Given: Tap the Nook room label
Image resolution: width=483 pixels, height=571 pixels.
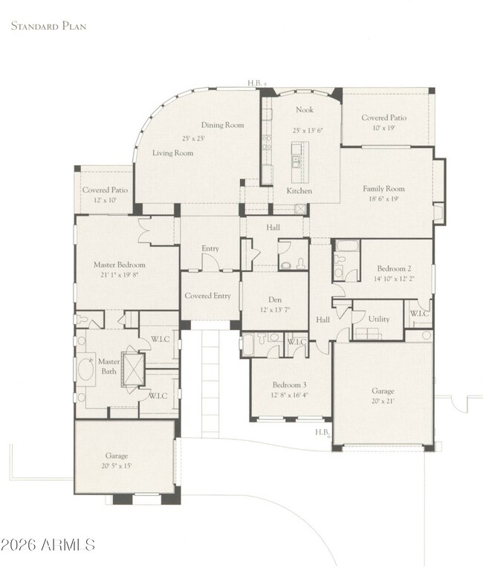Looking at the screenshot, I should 304,109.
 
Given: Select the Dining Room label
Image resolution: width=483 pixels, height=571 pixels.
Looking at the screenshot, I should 223,125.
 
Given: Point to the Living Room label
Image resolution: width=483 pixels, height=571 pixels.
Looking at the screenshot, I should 173,153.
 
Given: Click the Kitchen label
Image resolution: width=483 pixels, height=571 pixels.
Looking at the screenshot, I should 299,191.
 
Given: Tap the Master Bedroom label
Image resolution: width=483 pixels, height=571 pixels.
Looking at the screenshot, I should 119,265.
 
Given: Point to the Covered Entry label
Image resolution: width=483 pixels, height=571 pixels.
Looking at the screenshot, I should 207,296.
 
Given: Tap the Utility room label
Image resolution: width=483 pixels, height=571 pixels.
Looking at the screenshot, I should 379,319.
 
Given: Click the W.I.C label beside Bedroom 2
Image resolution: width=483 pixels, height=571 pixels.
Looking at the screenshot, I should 418,313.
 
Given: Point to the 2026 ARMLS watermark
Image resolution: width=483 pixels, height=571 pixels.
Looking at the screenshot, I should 48,544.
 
